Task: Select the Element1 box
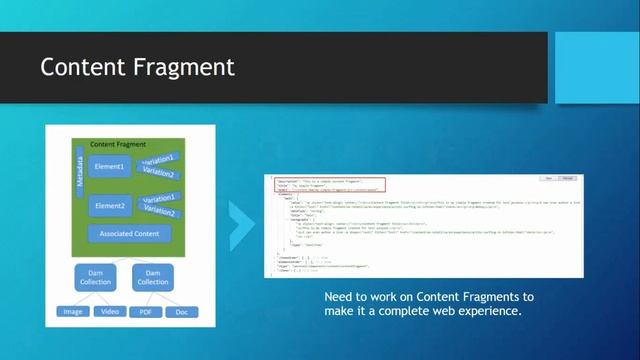pos(109,167)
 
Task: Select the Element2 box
pos(109,205)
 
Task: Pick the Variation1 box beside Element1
pos(159,160)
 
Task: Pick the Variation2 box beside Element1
pos(159,173)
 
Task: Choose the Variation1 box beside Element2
pos(159,199)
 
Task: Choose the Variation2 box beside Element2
pos(159,212)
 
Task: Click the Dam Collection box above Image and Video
pos(96,277)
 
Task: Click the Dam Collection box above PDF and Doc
pos(153,277)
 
